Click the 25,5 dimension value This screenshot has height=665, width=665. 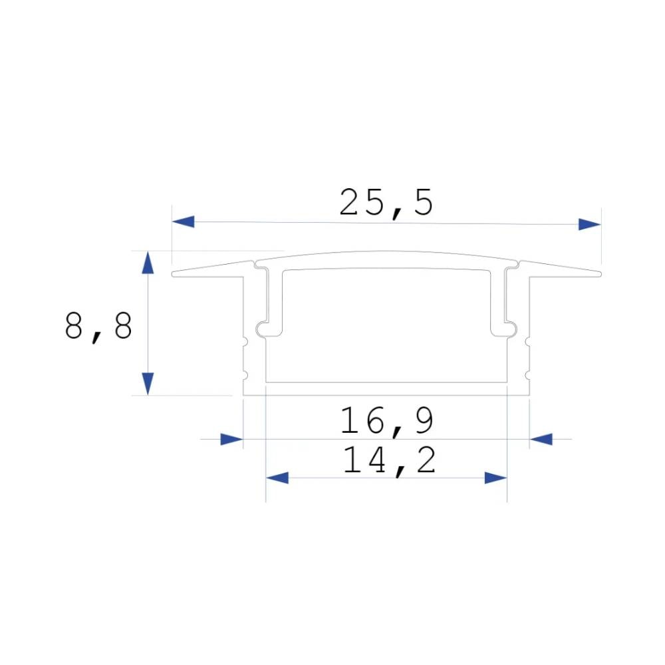(x=386, y=203)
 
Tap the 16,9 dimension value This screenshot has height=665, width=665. (x=387, y=421)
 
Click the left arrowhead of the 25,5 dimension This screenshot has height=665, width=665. (x=183, y=222)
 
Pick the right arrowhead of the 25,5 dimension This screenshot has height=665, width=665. (x=589, y=224)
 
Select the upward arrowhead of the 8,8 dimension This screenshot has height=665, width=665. (x=148, y=263)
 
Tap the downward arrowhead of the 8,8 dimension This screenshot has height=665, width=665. (x=148, y=383)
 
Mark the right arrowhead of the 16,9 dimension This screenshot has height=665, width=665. (x=541, y=439)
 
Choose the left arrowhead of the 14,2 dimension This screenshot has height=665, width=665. (x=277, y=477)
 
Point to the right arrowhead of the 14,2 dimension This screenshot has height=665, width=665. (x=495, y=477)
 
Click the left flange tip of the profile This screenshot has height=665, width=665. (x=175, y=273)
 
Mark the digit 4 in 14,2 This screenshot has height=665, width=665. (x=376, y=460)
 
